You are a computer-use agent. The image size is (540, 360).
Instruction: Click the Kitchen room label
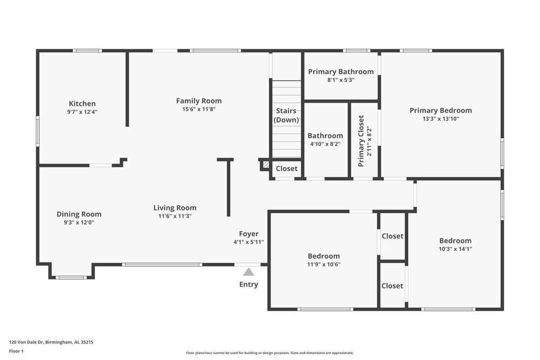click(82, 104)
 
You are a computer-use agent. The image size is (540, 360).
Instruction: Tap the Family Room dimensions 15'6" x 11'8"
click(199, 109)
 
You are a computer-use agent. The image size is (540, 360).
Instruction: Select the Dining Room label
click(79, 214)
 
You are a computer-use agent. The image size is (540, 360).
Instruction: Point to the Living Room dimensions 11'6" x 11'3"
click(174, 216)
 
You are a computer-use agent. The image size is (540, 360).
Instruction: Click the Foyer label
click(248, 234)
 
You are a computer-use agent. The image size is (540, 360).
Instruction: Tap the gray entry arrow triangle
click(248, 272)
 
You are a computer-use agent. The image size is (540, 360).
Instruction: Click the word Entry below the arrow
click(248, 284)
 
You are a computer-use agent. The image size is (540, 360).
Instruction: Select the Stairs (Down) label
click(286, 116)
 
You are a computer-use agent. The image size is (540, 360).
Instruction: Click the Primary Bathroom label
click(341, 72)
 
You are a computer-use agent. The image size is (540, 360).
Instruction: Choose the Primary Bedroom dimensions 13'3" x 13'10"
click(441, 119)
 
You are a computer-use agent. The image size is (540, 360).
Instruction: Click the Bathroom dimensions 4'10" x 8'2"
click(325, 144)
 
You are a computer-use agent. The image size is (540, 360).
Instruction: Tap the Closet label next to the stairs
click(286, 168)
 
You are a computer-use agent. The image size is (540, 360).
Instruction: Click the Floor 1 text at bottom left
click(17, 351)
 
